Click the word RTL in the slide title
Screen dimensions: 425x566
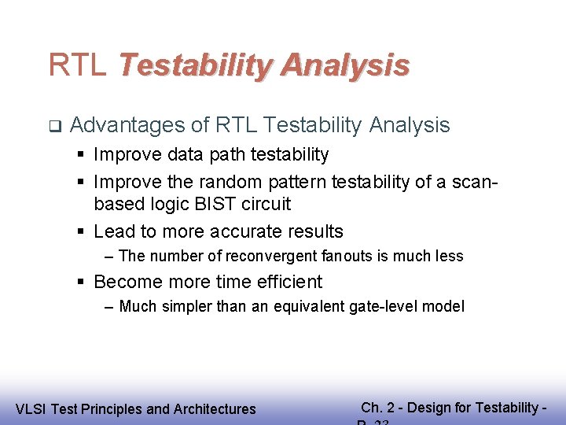[77, 65]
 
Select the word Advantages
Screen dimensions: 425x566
[129, 125]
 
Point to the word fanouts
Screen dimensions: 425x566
[349, 256]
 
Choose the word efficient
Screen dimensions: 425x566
[287, 282]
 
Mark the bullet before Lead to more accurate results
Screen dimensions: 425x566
[82, 231]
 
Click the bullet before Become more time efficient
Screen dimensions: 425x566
[82, 282]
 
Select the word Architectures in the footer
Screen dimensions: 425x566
[214, 408]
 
